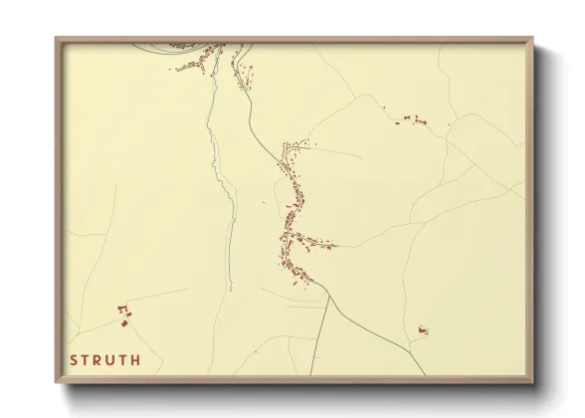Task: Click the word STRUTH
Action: click(x=105, y=360)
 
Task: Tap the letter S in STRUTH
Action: click(x=75, y=360)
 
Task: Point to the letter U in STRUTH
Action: click(x=112, y=360)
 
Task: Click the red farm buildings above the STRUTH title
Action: click(x=124, y=316)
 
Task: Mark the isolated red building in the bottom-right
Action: click(x=422, y=328)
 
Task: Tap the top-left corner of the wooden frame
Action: click(x=57, y=40)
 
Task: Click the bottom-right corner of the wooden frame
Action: click(x=532, y=381)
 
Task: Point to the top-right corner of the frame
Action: click(x=532, y=40)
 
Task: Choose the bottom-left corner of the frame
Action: click(x=57, y=381)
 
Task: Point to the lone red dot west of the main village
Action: click(x=264, y=203)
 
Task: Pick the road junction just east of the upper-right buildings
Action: click(x=450, y=123)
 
